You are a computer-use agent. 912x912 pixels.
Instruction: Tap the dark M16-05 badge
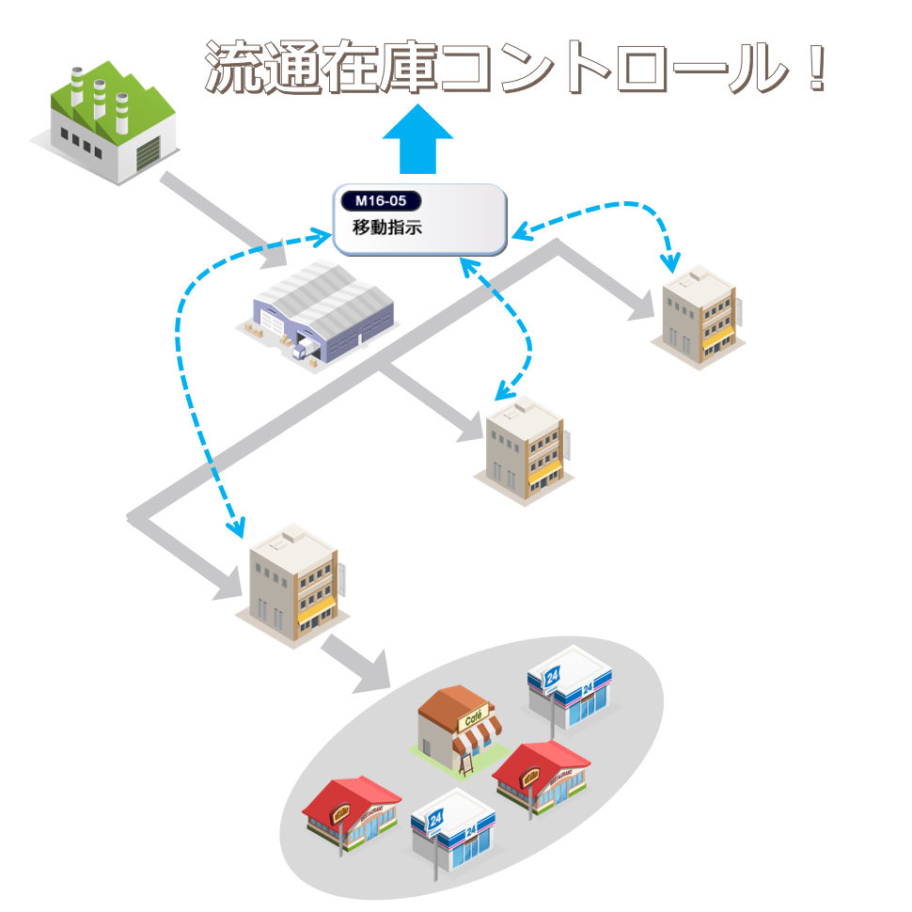381,200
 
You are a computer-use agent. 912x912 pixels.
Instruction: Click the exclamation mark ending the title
814,70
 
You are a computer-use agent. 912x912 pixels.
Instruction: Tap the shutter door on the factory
148,155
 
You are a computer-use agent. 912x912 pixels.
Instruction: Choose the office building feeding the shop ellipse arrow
292,583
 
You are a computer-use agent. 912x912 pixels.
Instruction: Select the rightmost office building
697,315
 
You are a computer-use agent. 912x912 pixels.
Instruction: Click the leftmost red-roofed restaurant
351,814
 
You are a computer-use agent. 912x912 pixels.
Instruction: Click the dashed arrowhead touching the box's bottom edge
464,264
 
